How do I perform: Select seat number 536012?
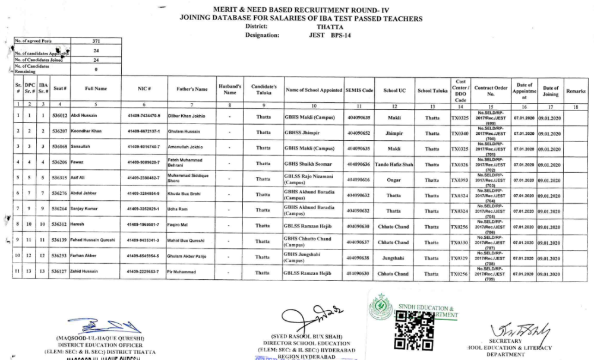59,115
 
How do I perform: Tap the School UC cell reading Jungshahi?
394,258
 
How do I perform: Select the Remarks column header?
576,91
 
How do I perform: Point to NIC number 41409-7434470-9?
144,115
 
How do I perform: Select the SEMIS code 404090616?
359,179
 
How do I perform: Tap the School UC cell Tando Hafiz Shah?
394,163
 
